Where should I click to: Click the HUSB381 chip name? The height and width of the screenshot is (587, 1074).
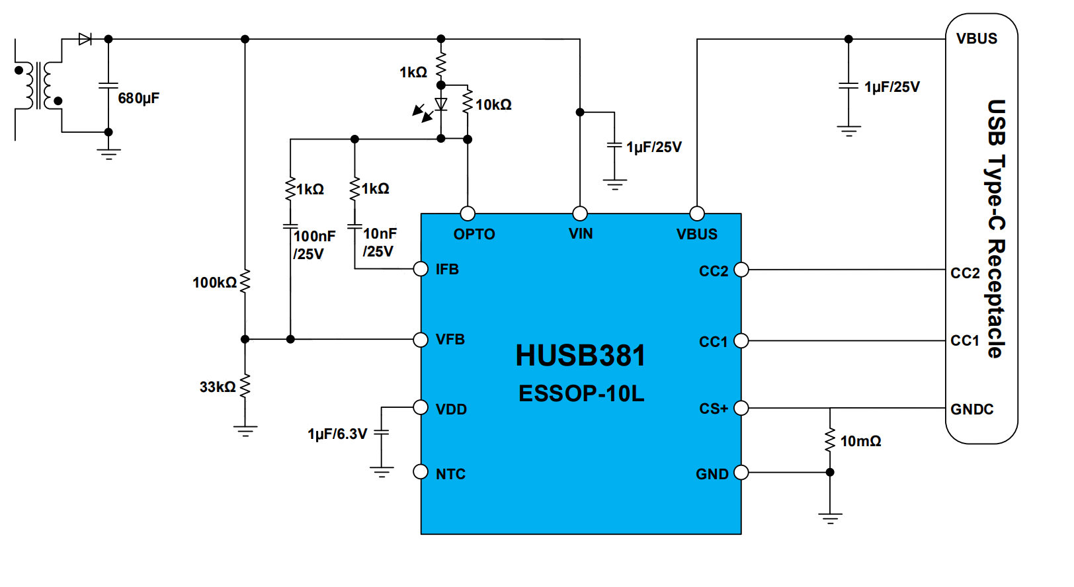tap(580, 356)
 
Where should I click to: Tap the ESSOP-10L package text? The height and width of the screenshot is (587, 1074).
tap(581, 394)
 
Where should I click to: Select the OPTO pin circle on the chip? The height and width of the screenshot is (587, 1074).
tap(468, 214)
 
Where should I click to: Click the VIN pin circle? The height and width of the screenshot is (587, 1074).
tap(580, 214)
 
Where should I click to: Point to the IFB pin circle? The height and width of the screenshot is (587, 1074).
tap(421, 269)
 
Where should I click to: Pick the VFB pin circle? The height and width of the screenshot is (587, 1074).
tap(421, 340)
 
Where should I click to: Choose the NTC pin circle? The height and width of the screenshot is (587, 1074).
tap(421, 472)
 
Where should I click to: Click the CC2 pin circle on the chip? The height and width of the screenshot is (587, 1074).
tap(741, 270)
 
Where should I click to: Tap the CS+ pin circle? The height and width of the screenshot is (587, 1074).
tap(741, 408)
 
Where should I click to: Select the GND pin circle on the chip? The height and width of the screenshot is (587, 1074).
tap(741, 473)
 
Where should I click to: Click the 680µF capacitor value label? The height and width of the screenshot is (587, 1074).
tap(139, 98)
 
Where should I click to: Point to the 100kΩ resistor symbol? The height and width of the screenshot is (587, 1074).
tap(245, 282)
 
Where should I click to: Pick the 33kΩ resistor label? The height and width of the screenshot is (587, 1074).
tap(218, 387)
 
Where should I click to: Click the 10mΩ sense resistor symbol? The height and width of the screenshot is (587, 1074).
tap(830, 440)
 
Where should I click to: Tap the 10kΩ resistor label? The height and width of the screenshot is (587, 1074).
tap(493, 105)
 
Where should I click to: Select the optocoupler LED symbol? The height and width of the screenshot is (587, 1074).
tap(441, 104)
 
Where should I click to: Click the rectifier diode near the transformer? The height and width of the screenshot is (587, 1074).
tap(85, 39)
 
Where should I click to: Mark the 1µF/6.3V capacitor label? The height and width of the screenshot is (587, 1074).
tap(337, 434)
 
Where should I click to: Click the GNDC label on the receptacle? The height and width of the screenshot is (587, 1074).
tap(971, 410)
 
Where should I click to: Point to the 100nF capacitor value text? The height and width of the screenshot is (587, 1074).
tap(314, 237)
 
